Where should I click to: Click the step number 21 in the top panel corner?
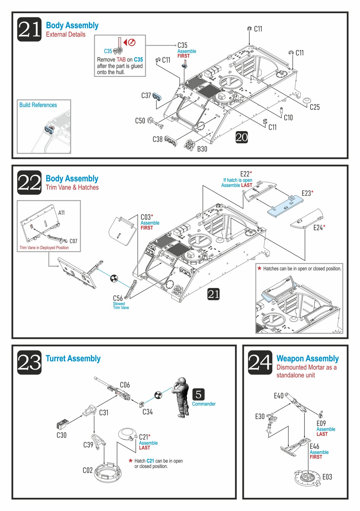tap(29, 29)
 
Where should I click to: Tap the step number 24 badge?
tap(260, 362)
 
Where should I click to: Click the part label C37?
tap(146, 95)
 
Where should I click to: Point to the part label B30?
tap(202, 149)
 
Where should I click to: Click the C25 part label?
tap(315, 107)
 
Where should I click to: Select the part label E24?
tap(318, 228)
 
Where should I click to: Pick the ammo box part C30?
tap(62, 425)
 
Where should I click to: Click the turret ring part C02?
tap(107, 472)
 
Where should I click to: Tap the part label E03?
tap(327, 477)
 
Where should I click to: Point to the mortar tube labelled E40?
tap(295, 402)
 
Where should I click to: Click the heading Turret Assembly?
tap(73, 358)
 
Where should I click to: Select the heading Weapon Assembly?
tap(307, 358)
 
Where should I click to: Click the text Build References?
tap(38, 105)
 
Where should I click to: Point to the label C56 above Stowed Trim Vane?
tap(118, 298)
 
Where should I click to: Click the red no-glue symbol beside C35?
tap(132, 42)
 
